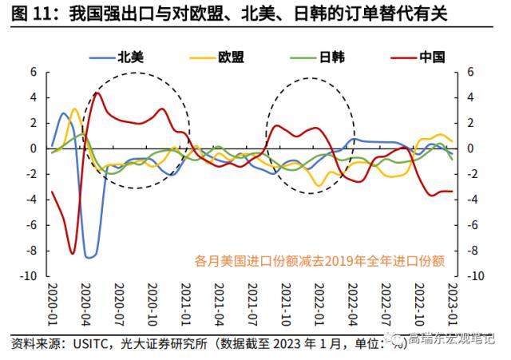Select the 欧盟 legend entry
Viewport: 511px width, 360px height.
(229, 57)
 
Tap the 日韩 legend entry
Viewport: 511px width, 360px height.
(332, 57)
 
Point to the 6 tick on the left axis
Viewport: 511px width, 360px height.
(34, 72)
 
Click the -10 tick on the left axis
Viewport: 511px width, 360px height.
(30, 276)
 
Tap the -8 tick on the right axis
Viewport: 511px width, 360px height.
(472, 251)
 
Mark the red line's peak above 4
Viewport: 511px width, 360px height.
(97, 93)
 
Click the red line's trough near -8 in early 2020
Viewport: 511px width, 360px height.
(73, 253)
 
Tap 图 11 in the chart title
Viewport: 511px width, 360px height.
(26, 14)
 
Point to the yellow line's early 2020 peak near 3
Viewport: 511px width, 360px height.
(75, 109)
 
